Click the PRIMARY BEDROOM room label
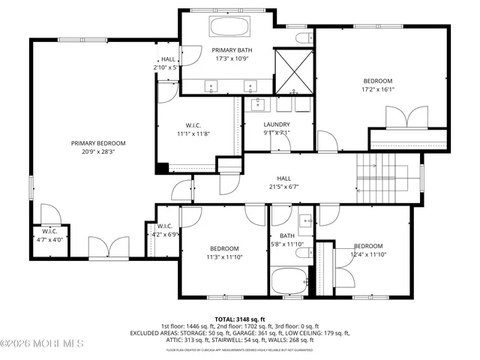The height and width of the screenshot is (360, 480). pyautogui.click(x=97, y=143)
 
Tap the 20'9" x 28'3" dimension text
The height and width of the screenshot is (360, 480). pyautogui.click(x=97, y=151)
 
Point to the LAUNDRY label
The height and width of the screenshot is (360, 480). pyautogui.click(x=277, y=124)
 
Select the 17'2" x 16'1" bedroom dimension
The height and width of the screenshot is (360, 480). pyautogui.click(x=378, y=89)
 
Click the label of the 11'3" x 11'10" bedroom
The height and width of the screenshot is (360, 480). pyautogui.click(x=224, y=249)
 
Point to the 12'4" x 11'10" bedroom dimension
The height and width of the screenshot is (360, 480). pyautogui.click(x=367, y=254)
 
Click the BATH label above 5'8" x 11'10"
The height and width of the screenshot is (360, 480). pyautogui.click(x=286, y=235)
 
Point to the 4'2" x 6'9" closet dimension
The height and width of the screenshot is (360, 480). pyautogui.click(x=165, y=234)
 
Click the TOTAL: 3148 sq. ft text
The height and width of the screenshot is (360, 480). pyautogui.click(x=239, y=319)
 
